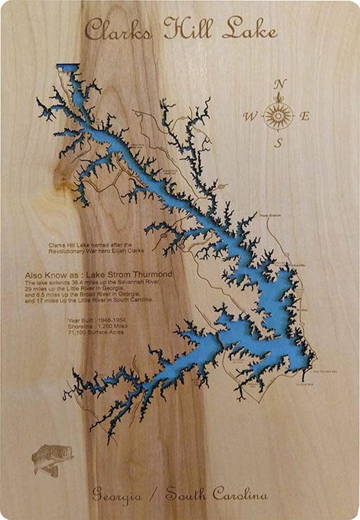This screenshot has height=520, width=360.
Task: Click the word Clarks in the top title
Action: point(120,30)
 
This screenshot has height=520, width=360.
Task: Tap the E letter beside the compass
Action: point(305,116)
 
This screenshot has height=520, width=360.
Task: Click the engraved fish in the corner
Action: point(52,458)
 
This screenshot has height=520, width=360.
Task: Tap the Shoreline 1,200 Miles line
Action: point(95,325)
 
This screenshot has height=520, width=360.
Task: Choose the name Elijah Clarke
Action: point(129,251)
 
